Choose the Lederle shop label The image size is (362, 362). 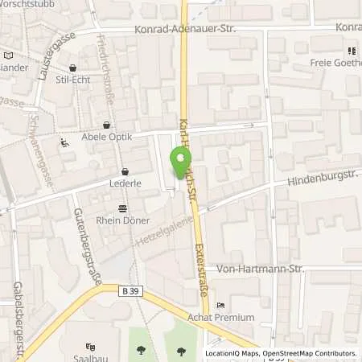click(x=125, y=183)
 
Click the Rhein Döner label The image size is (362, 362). click(x=125, y=219)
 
